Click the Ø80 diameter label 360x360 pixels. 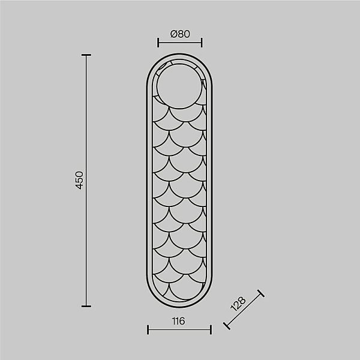click(180, 34)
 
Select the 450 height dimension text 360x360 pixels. click(79, 180)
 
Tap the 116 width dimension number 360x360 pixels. click(178, 321)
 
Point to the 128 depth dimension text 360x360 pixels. click(238, 304)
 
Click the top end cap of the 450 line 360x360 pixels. click(86, 55)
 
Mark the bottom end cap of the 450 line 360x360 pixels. click(86, 306)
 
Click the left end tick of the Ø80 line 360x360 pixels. click(158, 43)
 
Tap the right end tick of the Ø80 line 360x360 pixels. click(202, 43)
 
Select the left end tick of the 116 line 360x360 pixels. click(148, 329)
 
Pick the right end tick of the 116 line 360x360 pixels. click(211, 329)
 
